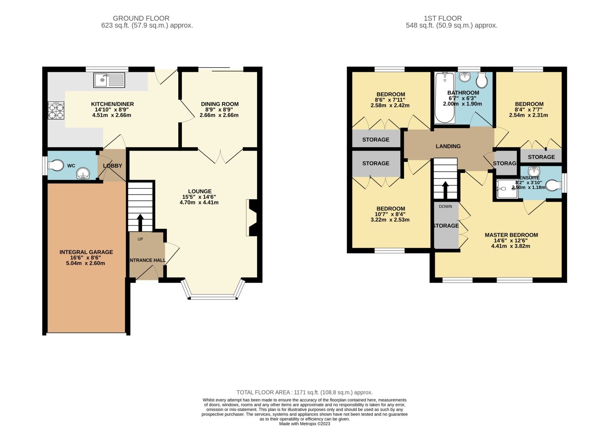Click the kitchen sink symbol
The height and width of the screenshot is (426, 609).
(x=109, y=80)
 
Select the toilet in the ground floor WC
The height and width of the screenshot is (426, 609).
(x=56, y=165)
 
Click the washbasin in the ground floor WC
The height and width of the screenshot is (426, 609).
(x=84, y=174)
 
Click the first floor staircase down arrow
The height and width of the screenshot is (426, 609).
(x=445, y=189)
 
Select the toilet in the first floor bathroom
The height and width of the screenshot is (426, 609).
(x=482, y=80)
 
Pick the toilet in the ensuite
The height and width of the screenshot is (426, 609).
(x=553, y=186)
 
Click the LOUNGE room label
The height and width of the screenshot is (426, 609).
(x=199, y=191)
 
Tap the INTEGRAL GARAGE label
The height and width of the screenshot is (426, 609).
(x=86, y=252)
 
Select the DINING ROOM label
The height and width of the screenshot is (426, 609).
(x=220, y=104)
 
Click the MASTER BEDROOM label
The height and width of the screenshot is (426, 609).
(x=511, y=235)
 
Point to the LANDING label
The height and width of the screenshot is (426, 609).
(x=448, y=146)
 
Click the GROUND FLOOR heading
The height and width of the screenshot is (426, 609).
(x=141, y=18)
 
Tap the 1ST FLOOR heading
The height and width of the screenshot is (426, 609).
(x=443, y=18)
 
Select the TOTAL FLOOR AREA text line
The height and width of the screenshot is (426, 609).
(x=304, y=392)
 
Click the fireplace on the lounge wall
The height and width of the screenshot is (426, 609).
(x=252, y=217)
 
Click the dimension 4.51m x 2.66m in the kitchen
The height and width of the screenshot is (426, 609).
(x=112, y=115)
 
